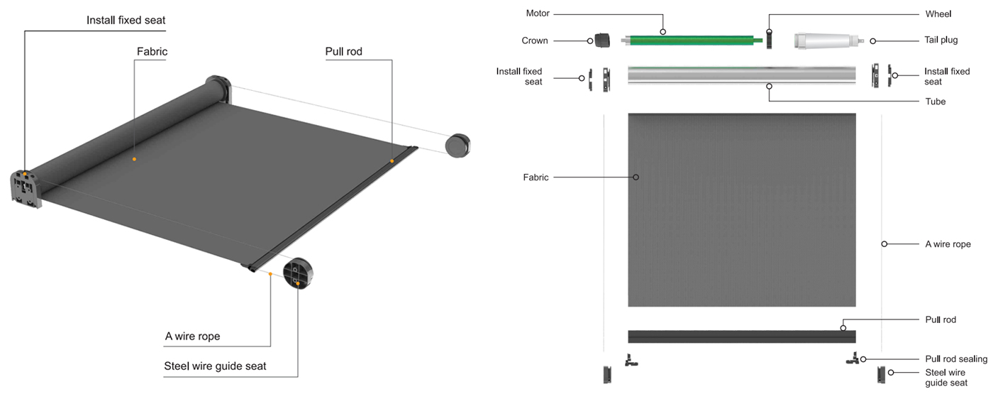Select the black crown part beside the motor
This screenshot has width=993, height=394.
pyautogui.click(x=603, y=40)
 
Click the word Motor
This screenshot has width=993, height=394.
pyautogui.click(x=538, y=13)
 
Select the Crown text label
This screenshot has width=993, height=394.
pyautogui.click(x=535, y=40)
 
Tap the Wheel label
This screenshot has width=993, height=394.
pyautogui.click(x=938, y=13)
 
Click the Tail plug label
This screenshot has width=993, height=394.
pyautogui.click(x=941, y=40)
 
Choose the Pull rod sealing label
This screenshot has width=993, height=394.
pyautogui.click(x=956, y=359)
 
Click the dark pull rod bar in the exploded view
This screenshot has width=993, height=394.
pyautogui.click(x=741, y=336)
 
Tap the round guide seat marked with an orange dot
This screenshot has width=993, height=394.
pyautogui.click(x=299, y=275)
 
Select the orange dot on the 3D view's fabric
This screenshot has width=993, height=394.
pyautogui.click(x=133, y=159)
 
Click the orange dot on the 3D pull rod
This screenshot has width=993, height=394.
pyautogui.click(x=392, y=161)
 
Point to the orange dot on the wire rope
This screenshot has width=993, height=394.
pyautogui.click(x=270, y=273)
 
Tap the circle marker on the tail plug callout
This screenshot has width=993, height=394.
pyautogui.click(x=873, y=40)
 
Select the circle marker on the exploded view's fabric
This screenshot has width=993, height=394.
pyautogui.click(x=636, y=177)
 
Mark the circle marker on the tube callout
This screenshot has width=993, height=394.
pyautogui.click(x=769, y=86)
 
